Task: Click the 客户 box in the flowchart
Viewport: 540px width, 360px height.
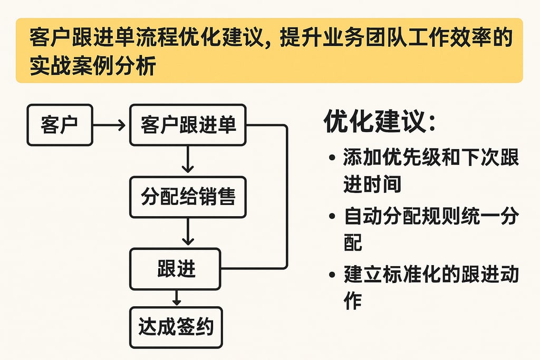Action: pos(59,125)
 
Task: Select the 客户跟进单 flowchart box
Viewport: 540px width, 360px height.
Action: pos(187,125)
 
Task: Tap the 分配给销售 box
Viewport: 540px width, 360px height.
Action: pos(187,197)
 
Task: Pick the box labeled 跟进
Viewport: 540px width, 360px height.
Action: pos(176,268)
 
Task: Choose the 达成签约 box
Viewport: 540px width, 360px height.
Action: pos(176,328)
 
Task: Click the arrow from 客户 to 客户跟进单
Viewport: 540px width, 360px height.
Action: pos(110,125)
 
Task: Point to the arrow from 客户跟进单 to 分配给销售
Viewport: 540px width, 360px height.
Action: pos(187,160)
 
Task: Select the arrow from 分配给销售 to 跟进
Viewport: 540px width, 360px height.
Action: pos(187,232)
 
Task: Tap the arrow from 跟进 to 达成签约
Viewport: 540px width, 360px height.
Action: pos(177,298)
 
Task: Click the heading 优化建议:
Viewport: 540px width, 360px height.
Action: pos(380,122)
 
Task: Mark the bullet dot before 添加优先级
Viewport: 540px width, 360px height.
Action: pos(331,158)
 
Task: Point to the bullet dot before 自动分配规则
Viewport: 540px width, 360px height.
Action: pos(331,217)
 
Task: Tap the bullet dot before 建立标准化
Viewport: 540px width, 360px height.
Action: pos(331,275)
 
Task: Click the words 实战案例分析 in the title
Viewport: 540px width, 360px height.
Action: pos(92,66)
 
